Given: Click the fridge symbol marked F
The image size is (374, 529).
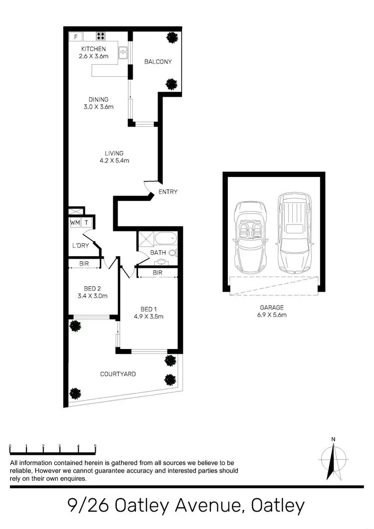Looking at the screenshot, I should [76, 36].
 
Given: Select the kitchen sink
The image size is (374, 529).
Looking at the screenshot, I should [123, 52].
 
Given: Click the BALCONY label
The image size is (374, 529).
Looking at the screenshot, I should [158, 62].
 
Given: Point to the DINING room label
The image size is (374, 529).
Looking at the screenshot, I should [98, 99].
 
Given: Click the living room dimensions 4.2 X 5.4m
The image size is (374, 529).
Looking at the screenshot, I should [114, 161].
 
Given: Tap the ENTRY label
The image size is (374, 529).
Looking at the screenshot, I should [168, 192].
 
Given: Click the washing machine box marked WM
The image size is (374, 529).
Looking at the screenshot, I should [75, 222].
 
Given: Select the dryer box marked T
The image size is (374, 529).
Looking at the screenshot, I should [87, 222].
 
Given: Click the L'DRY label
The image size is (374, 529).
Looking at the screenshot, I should [81, 245].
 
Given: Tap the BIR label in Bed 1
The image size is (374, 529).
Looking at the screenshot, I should [158, 273].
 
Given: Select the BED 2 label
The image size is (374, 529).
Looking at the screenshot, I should [92, 289].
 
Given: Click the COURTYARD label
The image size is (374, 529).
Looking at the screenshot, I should [118, 374].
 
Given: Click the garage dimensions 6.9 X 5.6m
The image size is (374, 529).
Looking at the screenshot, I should [272, 315].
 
